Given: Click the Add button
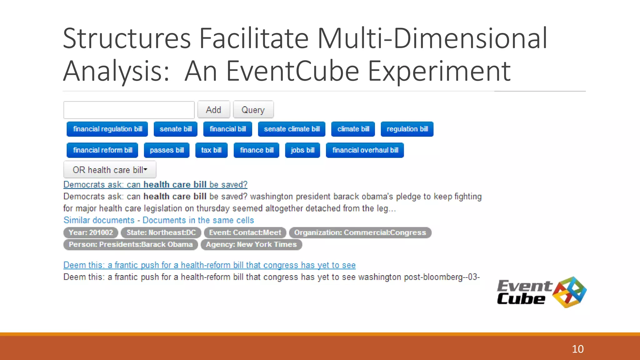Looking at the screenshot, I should coord(213,110).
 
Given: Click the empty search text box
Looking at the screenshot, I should coord(129,110).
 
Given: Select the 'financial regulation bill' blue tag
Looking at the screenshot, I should coord(107,129).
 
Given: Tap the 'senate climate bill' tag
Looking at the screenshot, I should coord(292,129).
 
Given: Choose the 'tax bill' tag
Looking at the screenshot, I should coord(211,150).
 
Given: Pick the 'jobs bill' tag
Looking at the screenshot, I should coord(302,150).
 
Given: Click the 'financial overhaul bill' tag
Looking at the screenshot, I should coord(365,150).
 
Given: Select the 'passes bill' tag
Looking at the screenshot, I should coord(167,150).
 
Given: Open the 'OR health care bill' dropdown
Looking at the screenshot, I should coord(110,170).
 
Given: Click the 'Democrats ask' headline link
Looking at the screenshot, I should coord(155,185).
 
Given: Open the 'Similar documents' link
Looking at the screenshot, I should coord(99,220).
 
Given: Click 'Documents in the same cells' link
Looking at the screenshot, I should coord(198,220).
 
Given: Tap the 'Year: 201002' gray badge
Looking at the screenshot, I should coord(91,232).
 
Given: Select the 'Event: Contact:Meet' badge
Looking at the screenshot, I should coord(245,232).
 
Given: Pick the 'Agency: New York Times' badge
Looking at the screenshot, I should coord(251,244).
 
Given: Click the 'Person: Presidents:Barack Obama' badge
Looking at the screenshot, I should coord(131,244).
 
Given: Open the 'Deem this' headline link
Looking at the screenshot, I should coord(209,265).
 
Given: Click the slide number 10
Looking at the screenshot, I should coord(577,349).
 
